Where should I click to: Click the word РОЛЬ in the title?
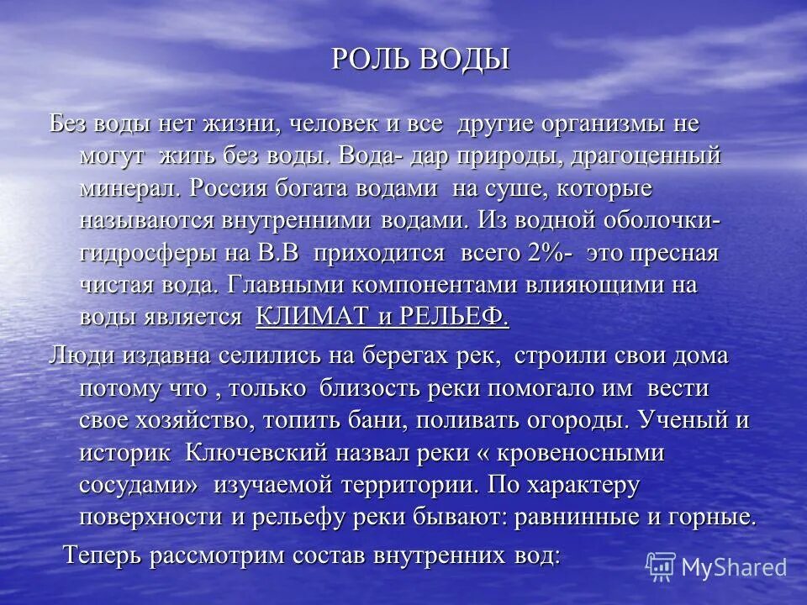[x=367, y=60]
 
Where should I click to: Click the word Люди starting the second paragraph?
[x=82, y=355]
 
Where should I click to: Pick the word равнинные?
[x=581, y=517]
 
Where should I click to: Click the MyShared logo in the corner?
[x=717, y=567]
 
